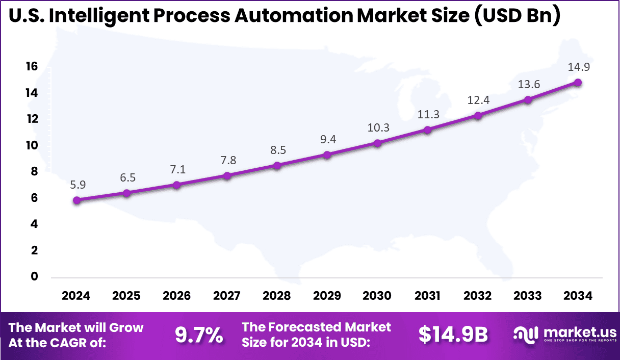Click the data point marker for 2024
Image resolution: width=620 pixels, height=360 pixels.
tap(76, 200)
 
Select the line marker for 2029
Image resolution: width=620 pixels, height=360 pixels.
tap(327, 155)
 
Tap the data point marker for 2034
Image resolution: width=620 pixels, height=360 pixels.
tap(578, 82)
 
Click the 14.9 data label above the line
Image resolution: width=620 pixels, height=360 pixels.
tap(578, 67)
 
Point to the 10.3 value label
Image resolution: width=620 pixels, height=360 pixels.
tap(377, 127)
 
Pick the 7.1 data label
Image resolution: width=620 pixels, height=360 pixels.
tap(177, 169)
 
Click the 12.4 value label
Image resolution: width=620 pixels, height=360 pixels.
tap(478, 100)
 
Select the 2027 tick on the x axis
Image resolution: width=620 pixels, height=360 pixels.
tap(227, 296)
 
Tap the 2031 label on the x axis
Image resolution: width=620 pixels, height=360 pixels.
tap(427, 296)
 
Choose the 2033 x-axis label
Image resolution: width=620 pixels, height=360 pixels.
tap(528, 296)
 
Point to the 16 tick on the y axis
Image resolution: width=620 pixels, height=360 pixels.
tap(32, 66)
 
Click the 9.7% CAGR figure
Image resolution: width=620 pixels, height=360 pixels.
tap(199, 335)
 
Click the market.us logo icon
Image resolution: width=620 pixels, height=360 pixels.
tap(526, 335)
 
